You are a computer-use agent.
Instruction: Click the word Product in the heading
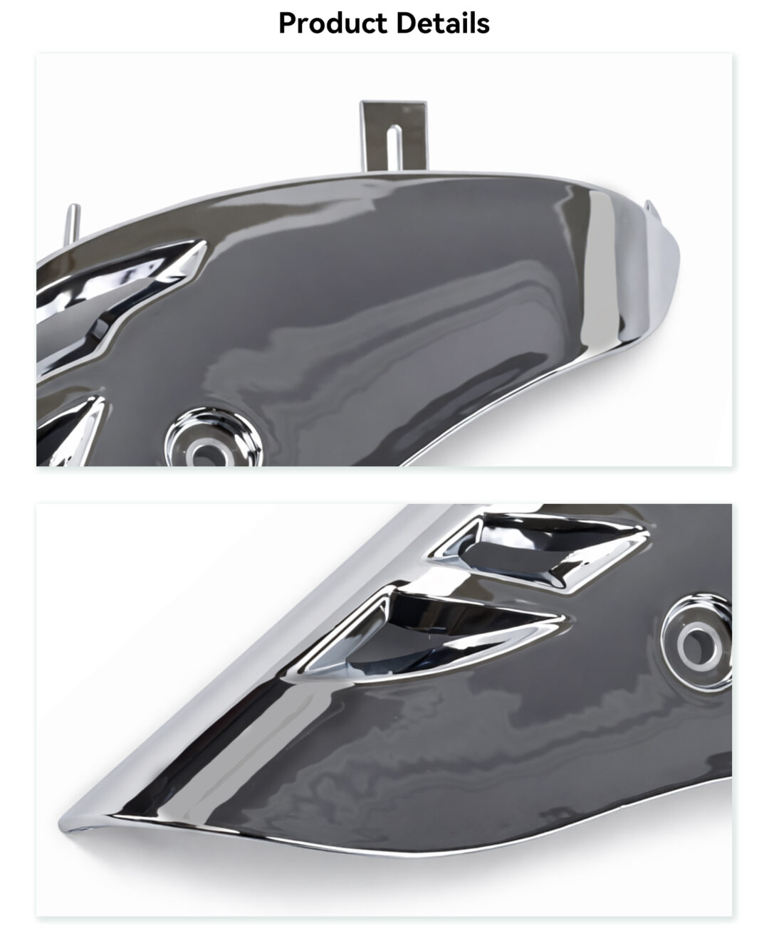coord(333,23)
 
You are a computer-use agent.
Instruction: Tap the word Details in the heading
coord(443,23)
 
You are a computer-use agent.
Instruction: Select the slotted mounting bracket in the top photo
coord(393,136)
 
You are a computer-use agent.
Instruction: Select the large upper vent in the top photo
coord(120,298)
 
